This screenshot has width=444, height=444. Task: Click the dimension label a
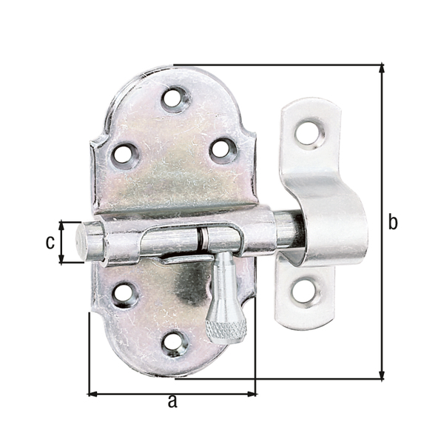(172, 402)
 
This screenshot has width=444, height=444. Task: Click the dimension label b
(393, 222)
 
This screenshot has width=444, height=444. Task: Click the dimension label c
(50, 242)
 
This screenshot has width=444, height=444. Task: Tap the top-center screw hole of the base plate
(175, 98)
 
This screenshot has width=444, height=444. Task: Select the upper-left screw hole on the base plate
(124, 154)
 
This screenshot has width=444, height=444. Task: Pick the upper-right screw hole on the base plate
(222, 149)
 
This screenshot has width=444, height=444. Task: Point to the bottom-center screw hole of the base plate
(174, 341)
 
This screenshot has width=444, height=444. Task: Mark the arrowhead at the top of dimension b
(382, 69)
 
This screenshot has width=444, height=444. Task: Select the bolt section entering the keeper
(290, 230)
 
